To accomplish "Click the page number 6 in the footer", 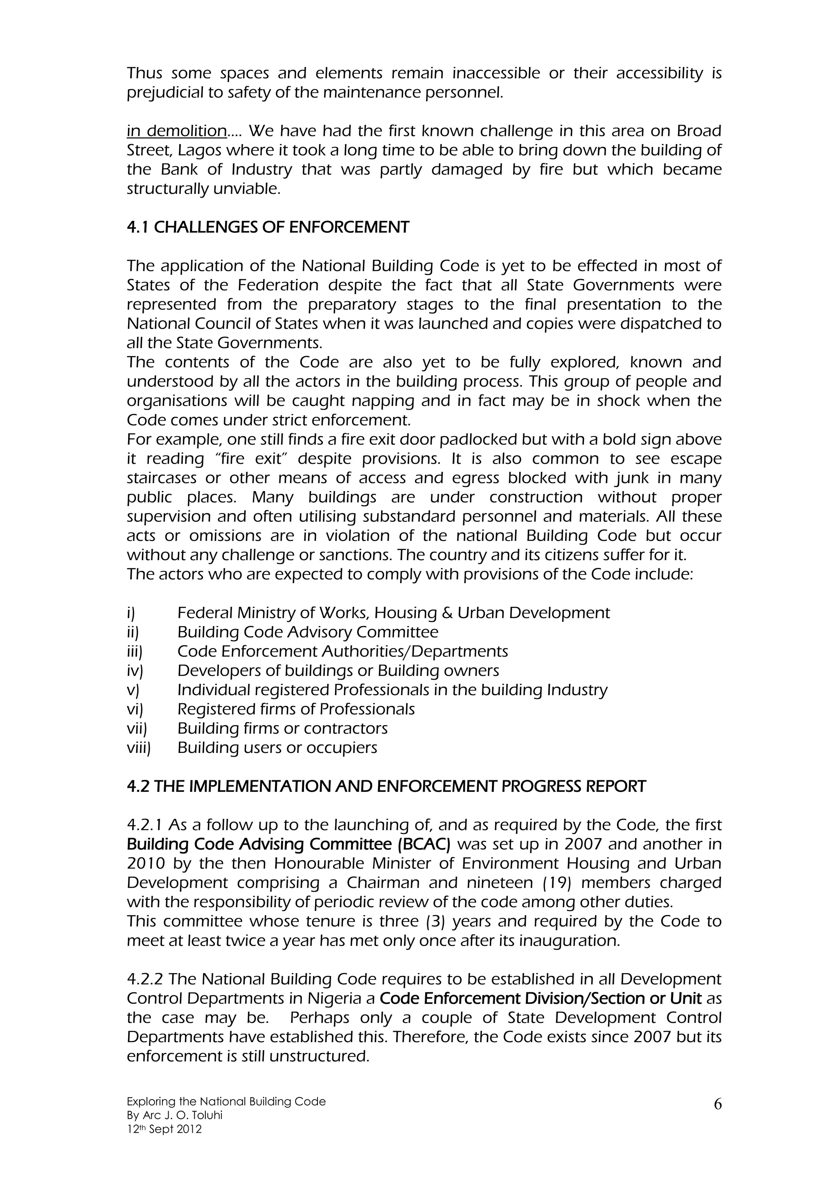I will tap(718, 1104).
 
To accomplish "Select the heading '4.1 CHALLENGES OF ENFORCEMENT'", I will tap(268, 227).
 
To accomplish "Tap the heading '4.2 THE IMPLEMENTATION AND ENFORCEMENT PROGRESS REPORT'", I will tap(386, 786).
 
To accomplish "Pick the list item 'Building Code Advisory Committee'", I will tap(308, 632).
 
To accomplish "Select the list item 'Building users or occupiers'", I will tap(277, 748).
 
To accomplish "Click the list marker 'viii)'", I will tap(138, 748).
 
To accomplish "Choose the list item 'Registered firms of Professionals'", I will tap(296, 710).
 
